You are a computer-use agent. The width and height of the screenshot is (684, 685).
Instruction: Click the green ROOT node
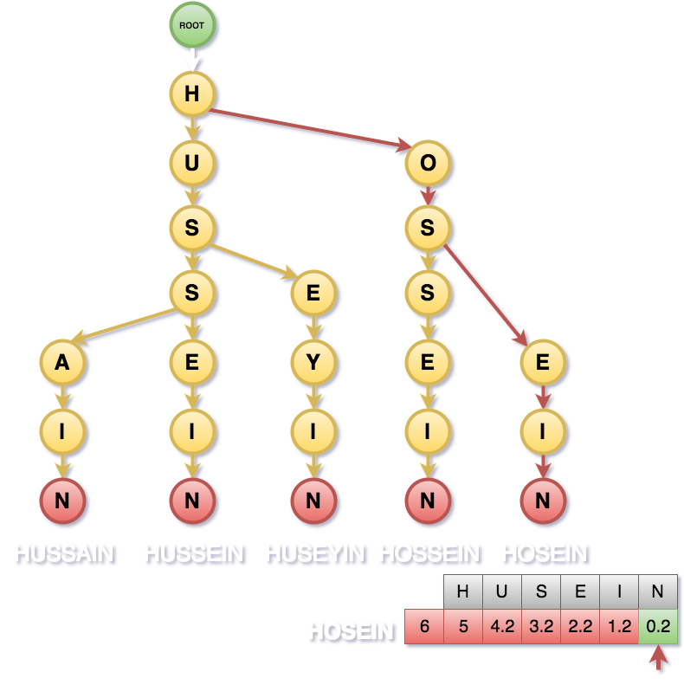[x=191, y=25]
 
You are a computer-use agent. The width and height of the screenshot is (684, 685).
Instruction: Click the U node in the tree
[x=192, y=163]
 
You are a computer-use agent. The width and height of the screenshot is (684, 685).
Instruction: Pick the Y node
[x=313, y=362]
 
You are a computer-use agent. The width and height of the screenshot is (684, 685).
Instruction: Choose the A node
[x=62, y=362]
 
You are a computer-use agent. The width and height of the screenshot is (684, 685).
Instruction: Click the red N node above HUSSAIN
[x=62, y=500]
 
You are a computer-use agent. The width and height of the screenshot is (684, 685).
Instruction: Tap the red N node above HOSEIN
[x=543, y=500]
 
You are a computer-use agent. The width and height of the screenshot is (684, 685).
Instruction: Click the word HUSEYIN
[x=314, y=553]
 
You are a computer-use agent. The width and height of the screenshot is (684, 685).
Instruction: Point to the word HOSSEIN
[x=429, y=553]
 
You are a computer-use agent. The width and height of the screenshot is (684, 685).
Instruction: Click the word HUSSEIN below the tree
[x=194, y=553]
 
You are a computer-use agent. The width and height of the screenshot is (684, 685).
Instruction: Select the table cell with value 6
[x=424, y=627]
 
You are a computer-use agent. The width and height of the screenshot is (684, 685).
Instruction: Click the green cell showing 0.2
[x=659, y=627]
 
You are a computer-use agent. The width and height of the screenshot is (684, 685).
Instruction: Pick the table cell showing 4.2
[x=502, y=627]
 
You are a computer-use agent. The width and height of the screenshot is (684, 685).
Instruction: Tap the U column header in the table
[x=502, y=592]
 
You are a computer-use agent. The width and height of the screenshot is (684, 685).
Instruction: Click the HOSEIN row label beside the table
[x=351, y=630]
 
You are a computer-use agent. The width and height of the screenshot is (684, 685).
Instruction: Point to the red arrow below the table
[x=660, y=660]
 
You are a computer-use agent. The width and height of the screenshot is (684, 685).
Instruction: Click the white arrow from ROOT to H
[x=192, y=59]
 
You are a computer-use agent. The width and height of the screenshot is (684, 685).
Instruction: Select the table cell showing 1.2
[x=620, y=627]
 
